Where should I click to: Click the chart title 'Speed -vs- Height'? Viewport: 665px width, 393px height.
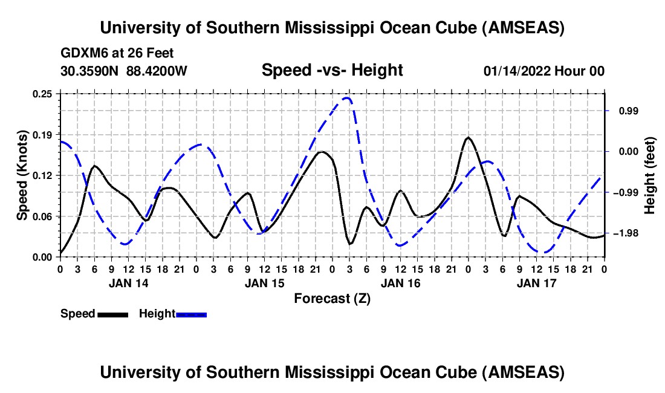[x=332, y=70]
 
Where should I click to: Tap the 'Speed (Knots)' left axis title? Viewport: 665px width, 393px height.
[x=22, y=175]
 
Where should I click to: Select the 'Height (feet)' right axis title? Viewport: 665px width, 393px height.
[x=650, y=175]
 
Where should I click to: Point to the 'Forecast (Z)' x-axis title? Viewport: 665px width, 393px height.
[x=332, y=298]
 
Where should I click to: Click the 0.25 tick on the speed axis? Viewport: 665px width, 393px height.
[x=43, y=94]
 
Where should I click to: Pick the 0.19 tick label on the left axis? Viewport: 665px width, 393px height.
[x=43, y=134]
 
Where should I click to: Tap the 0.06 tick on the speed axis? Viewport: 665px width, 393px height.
[x=43, y=216]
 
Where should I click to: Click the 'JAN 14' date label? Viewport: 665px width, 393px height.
[x=128, y=283]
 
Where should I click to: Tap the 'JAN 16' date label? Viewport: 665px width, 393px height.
[x=400, y=283]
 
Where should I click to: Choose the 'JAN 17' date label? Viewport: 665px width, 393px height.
[x=536, y=283]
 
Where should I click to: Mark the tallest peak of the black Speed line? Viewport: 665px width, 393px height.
[x=468, y=138]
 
